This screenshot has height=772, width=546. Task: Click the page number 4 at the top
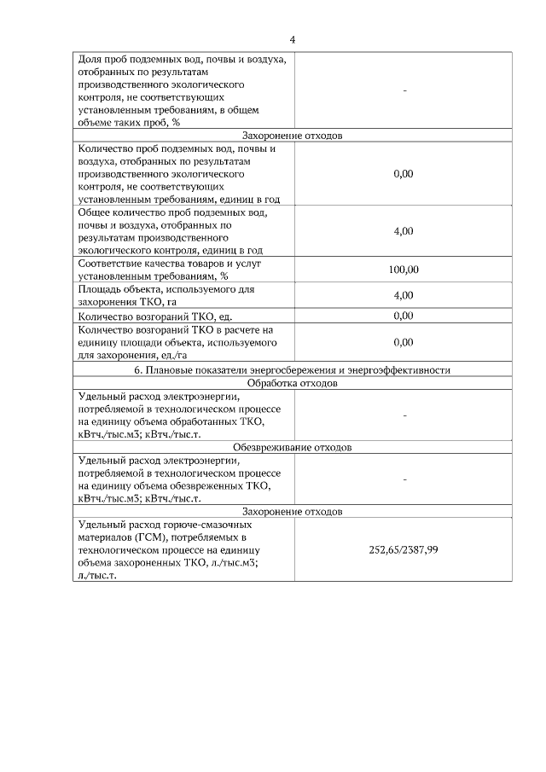point(293,40)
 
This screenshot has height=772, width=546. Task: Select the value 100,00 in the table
point(403,270)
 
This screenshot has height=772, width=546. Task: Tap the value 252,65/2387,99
point(403,549)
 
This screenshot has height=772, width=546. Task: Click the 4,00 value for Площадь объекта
point(403,295)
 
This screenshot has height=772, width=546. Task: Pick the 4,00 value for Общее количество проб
point(403,231)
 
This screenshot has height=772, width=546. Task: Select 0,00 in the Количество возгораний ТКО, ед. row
point(403,316)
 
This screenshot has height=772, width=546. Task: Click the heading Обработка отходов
point(292,383)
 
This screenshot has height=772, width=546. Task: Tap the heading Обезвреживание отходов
point(292,447)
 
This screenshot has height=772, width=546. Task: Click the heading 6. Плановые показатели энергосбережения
point(292,370)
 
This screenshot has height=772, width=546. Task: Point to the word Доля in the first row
point(90,59)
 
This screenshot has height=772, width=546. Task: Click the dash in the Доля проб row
point(403,90)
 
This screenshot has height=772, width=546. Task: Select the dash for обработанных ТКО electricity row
point(403,415)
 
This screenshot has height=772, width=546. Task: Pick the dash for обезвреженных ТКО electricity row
point(403,479)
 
